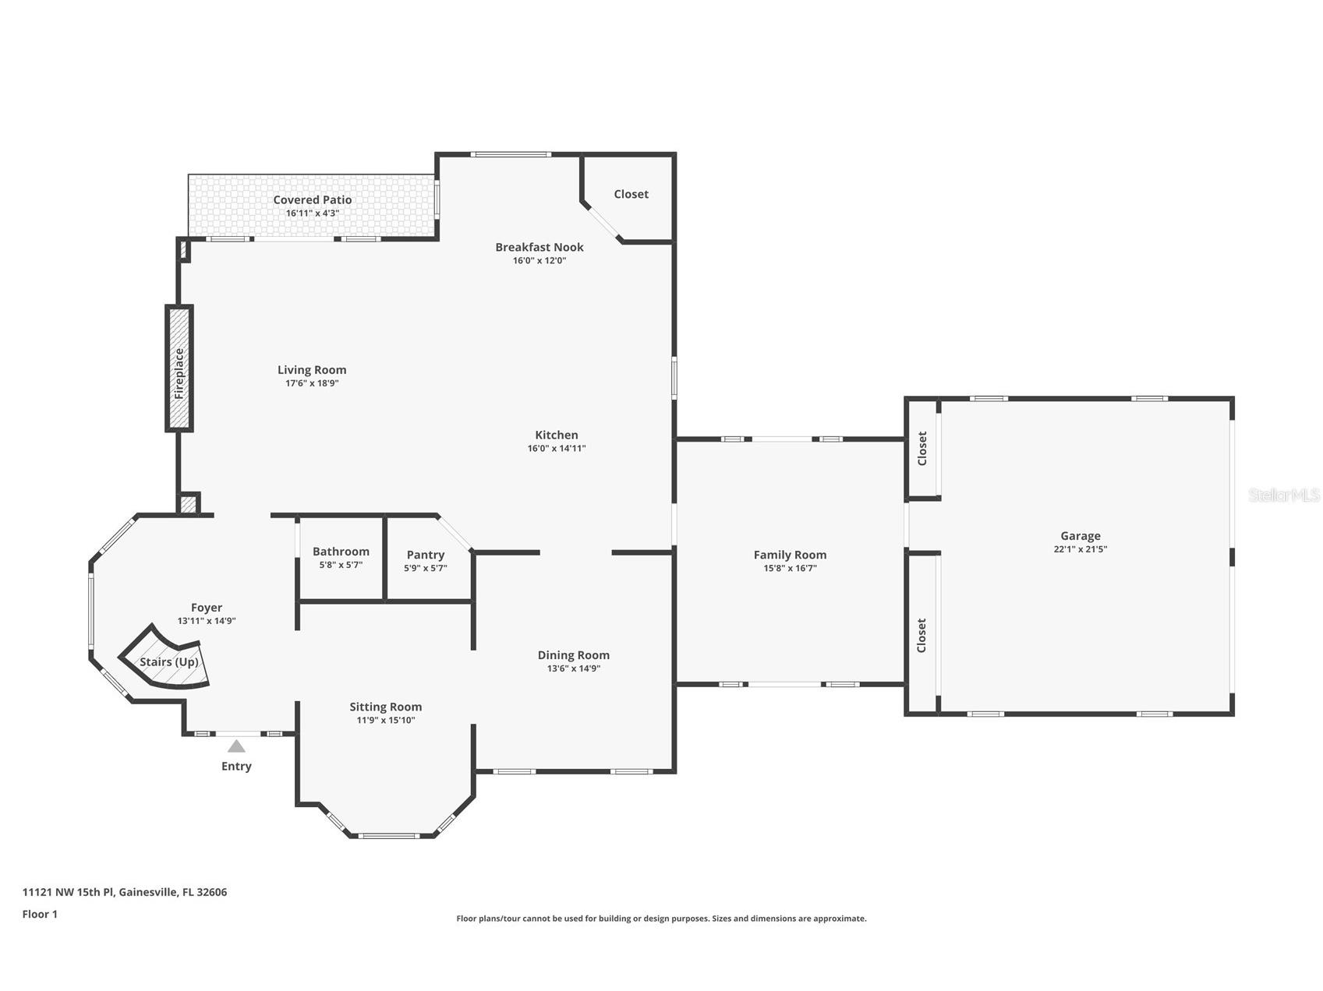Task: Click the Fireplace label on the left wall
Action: [179, 373]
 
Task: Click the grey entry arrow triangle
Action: [236, 746]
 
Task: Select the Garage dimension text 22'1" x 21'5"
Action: [1080, 548]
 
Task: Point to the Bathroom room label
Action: [341, 552]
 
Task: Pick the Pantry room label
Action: [426, 555]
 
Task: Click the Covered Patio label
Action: [312, 199]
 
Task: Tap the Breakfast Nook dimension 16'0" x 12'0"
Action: [539, 260]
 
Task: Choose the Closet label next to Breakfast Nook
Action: [631, 194]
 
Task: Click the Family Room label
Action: [790, 555]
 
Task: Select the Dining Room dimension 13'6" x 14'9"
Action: [574, 668]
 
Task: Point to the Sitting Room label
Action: [385, 707]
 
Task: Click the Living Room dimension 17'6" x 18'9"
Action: [312, 383]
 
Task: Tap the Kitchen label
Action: [557, 435]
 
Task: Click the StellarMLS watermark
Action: [1284, 495]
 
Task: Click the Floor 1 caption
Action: [40, 914]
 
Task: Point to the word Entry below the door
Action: [236, 766]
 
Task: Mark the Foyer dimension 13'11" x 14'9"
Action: [207, 621]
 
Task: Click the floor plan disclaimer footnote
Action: [661, 919]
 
